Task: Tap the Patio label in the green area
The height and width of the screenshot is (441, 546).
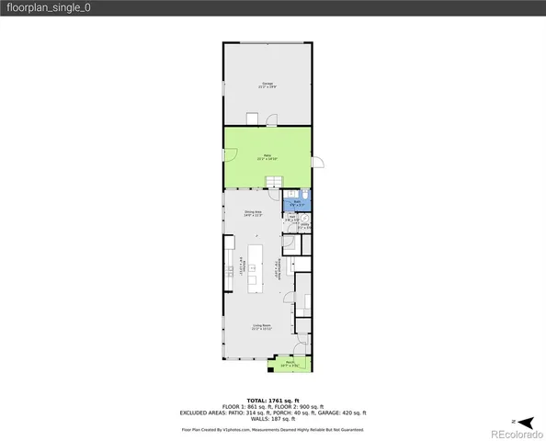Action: (267, 157)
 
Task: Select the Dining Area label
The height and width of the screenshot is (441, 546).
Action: (254, 214)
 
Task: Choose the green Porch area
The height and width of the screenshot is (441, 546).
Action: (290, 364)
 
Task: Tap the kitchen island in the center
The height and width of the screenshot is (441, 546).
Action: (269, 267)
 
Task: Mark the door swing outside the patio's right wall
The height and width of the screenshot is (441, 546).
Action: (319, 163)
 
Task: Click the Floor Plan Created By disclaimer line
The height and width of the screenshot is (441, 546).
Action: (272, 428)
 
